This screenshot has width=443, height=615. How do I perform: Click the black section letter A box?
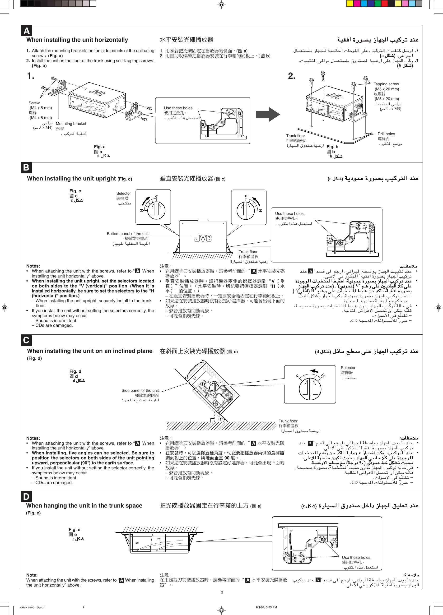(x=26, y=31)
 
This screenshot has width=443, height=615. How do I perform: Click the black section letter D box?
(x=26, y=496)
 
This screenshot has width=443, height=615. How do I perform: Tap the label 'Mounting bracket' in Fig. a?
(x=71, y=124)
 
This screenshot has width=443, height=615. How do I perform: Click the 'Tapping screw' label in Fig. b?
(x=386, y=84)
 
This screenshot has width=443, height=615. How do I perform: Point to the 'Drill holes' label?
(x=386, y=134)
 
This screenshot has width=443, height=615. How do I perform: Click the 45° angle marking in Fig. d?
(x=220, y=420)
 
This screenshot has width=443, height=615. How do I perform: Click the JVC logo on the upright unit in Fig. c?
(x=203, y=238)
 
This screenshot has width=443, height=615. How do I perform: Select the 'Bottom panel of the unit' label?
(x=127, y=234)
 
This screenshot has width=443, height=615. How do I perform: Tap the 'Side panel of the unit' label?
(x=140, y=390)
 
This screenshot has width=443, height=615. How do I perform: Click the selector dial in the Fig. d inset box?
(x=310, y=388)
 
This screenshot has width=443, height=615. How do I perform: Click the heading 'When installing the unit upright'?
(x=71, y=178)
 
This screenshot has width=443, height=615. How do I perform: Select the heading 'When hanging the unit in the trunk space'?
(x=84, y=505)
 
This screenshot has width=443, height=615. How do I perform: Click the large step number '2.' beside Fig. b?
(x=292, y=76)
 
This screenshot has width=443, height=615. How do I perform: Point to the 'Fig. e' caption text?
(x=74, y=529)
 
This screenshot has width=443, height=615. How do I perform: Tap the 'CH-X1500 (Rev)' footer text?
(x=33, y=607)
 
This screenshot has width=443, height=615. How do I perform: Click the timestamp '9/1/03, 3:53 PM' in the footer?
(x=266, y=607)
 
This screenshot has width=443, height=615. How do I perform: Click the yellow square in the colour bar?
(x=350, y=4)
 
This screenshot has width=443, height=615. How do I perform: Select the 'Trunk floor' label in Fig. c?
(x=248, y=252)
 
